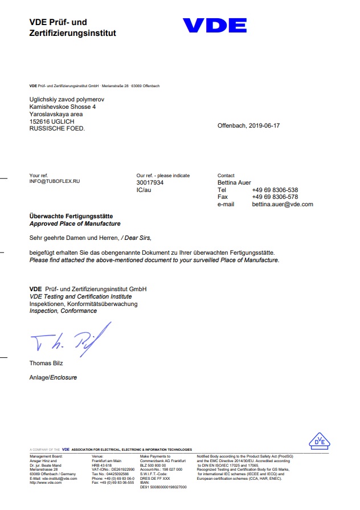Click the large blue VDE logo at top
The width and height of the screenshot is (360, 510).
click(214, 26)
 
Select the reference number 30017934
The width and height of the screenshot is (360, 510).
click(150, 182)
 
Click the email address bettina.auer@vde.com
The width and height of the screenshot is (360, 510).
click(283, 204)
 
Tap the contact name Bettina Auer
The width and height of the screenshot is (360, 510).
click(234, 182)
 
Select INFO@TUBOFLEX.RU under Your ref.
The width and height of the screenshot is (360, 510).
click(55, 181)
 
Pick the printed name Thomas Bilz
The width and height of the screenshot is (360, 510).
click(46, 363)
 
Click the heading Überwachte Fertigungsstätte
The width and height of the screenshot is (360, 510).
click(71, 217)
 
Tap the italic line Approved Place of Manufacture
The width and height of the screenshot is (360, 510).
click(75, 224)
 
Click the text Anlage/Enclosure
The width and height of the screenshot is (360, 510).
click(53, 377)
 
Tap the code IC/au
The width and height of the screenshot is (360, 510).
click(143, 190)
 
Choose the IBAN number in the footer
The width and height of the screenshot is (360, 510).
click(163, 487)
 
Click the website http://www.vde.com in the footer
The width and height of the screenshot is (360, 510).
click(46, 483)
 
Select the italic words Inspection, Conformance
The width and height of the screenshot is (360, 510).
click(63, 311)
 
